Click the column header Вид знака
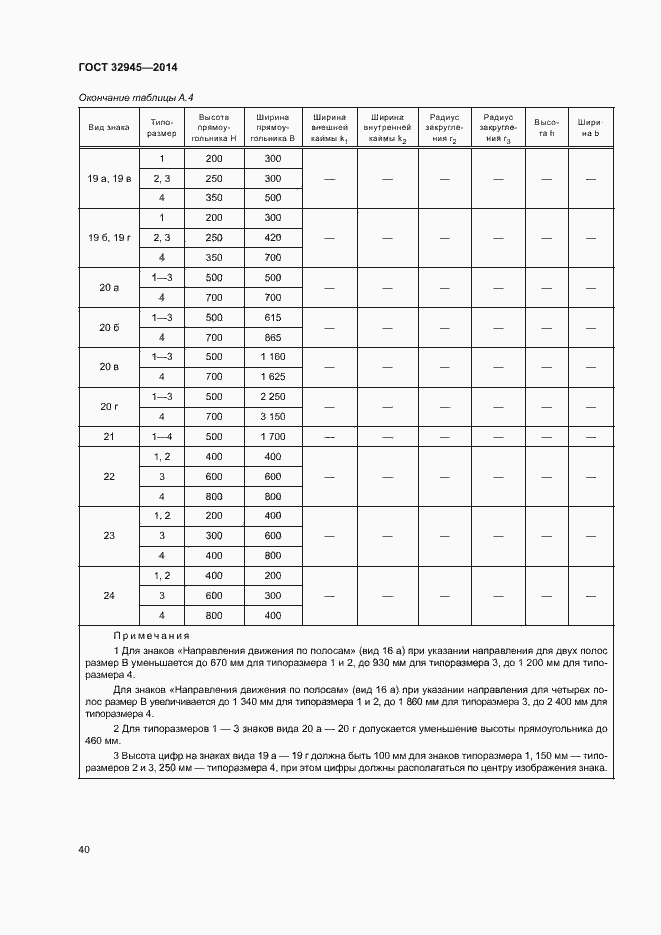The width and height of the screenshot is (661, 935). pyautogui.click(x=108, y=128)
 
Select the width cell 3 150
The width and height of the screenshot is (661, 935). pyautogui.click(x=273, y=416)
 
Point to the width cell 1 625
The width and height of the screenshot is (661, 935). pyautogui.click(x=273, y=377)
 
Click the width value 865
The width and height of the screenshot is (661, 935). pyautogui.click(x=273, y=337)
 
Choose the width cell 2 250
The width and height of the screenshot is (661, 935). pyautogui.click(x=273, y=397)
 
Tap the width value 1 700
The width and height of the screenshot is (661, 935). pyautogui.click(x=273, y=437)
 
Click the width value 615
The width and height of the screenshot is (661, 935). pyautogui.click(x=273, y=317)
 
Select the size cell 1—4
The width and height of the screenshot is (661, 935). pyautogui.click(x=161, y=437)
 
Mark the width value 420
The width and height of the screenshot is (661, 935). pyautogui.click(x=273, y=238)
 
